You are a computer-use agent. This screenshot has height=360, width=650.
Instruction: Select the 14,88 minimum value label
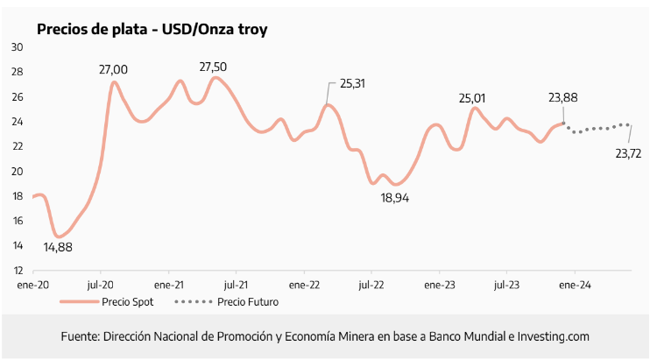[x=57, y=247]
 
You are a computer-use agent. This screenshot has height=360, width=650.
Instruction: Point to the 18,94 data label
[x=395, y=198]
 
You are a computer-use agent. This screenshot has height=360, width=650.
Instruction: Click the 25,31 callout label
[x=352, y=84]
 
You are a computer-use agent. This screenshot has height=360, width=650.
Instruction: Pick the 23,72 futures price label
[x=628, y=153]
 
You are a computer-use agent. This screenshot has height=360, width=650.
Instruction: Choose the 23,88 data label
[x=562, y=98]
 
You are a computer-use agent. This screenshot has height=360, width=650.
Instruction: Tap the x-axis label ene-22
[x=304, y=285]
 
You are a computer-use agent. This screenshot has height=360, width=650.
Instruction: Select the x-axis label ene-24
[x=574, y=285]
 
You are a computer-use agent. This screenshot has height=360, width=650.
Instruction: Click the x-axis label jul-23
[x=506, y=285]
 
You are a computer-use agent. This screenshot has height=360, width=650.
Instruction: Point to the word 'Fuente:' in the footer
[x=80, y=336]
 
